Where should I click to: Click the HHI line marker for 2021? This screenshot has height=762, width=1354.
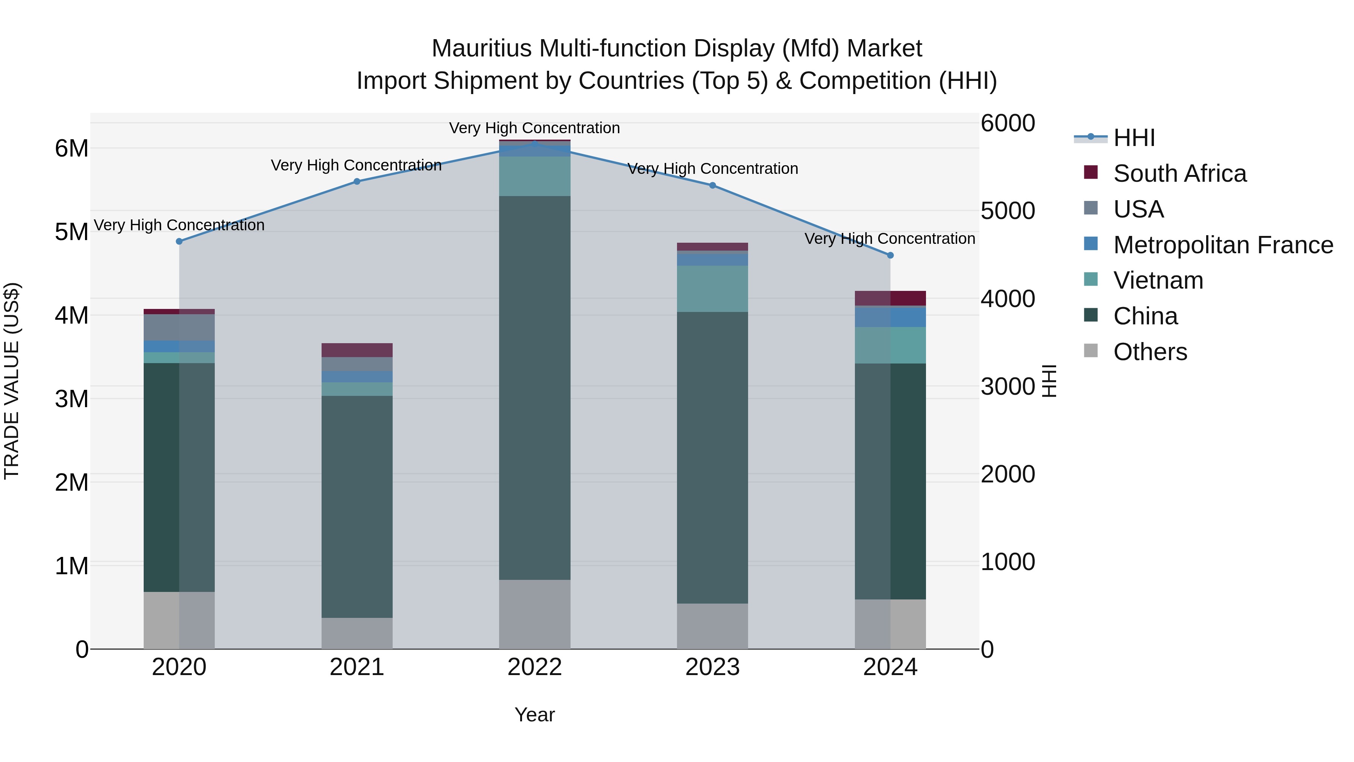[357, 181]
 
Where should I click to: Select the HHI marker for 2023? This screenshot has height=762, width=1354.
[712, 185]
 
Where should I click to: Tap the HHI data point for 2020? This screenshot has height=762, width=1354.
[179, 241]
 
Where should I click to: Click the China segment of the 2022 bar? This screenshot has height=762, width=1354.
[534, 388]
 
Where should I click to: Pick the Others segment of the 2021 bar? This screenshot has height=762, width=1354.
[357, 633]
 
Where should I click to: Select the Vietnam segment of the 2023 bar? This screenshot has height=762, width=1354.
[712, 289]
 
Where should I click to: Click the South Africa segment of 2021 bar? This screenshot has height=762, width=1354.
[357, 350]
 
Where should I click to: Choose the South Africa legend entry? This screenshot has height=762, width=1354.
[1179, 173]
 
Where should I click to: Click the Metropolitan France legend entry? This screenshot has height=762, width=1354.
[1223, 245]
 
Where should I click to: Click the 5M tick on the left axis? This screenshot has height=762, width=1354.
[71, 232]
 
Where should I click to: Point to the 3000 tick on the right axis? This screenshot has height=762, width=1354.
[1008, 386]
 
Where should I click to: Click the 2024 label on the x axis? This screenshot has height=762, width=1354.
[890, 667]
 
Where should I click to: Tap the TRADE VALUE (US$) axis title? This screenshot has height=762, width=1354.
[12, 381]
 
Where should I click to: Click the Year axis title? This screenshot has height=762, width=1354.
[534, 715]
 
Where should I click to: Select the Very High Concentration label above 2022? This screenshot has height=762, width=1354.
[534, 128]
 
